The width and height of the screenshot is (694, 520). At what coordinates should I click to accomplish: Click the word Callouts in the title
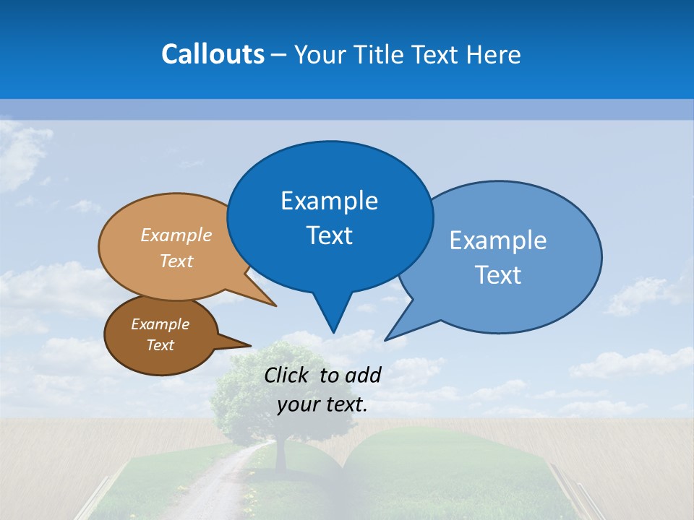click(213, 54)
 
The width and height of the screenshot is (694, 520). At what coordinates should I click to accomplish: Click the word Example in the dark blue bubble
click(329, 201)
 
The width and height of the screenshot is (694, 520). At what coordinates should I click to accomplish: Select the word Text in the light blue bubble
click(499, 275)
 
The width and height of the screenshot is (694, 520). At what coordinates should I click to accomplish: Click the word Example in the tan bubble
click(176, 235)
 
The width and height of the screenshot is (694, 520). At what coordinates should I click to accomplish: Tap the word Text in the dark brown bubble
click(160, 345)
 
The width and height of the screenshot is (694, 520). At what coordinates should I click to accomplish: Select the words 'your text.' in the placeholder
click(322, 405)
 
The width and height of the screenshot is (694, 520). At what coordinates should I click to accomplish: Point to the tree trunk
click(280, 455)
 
